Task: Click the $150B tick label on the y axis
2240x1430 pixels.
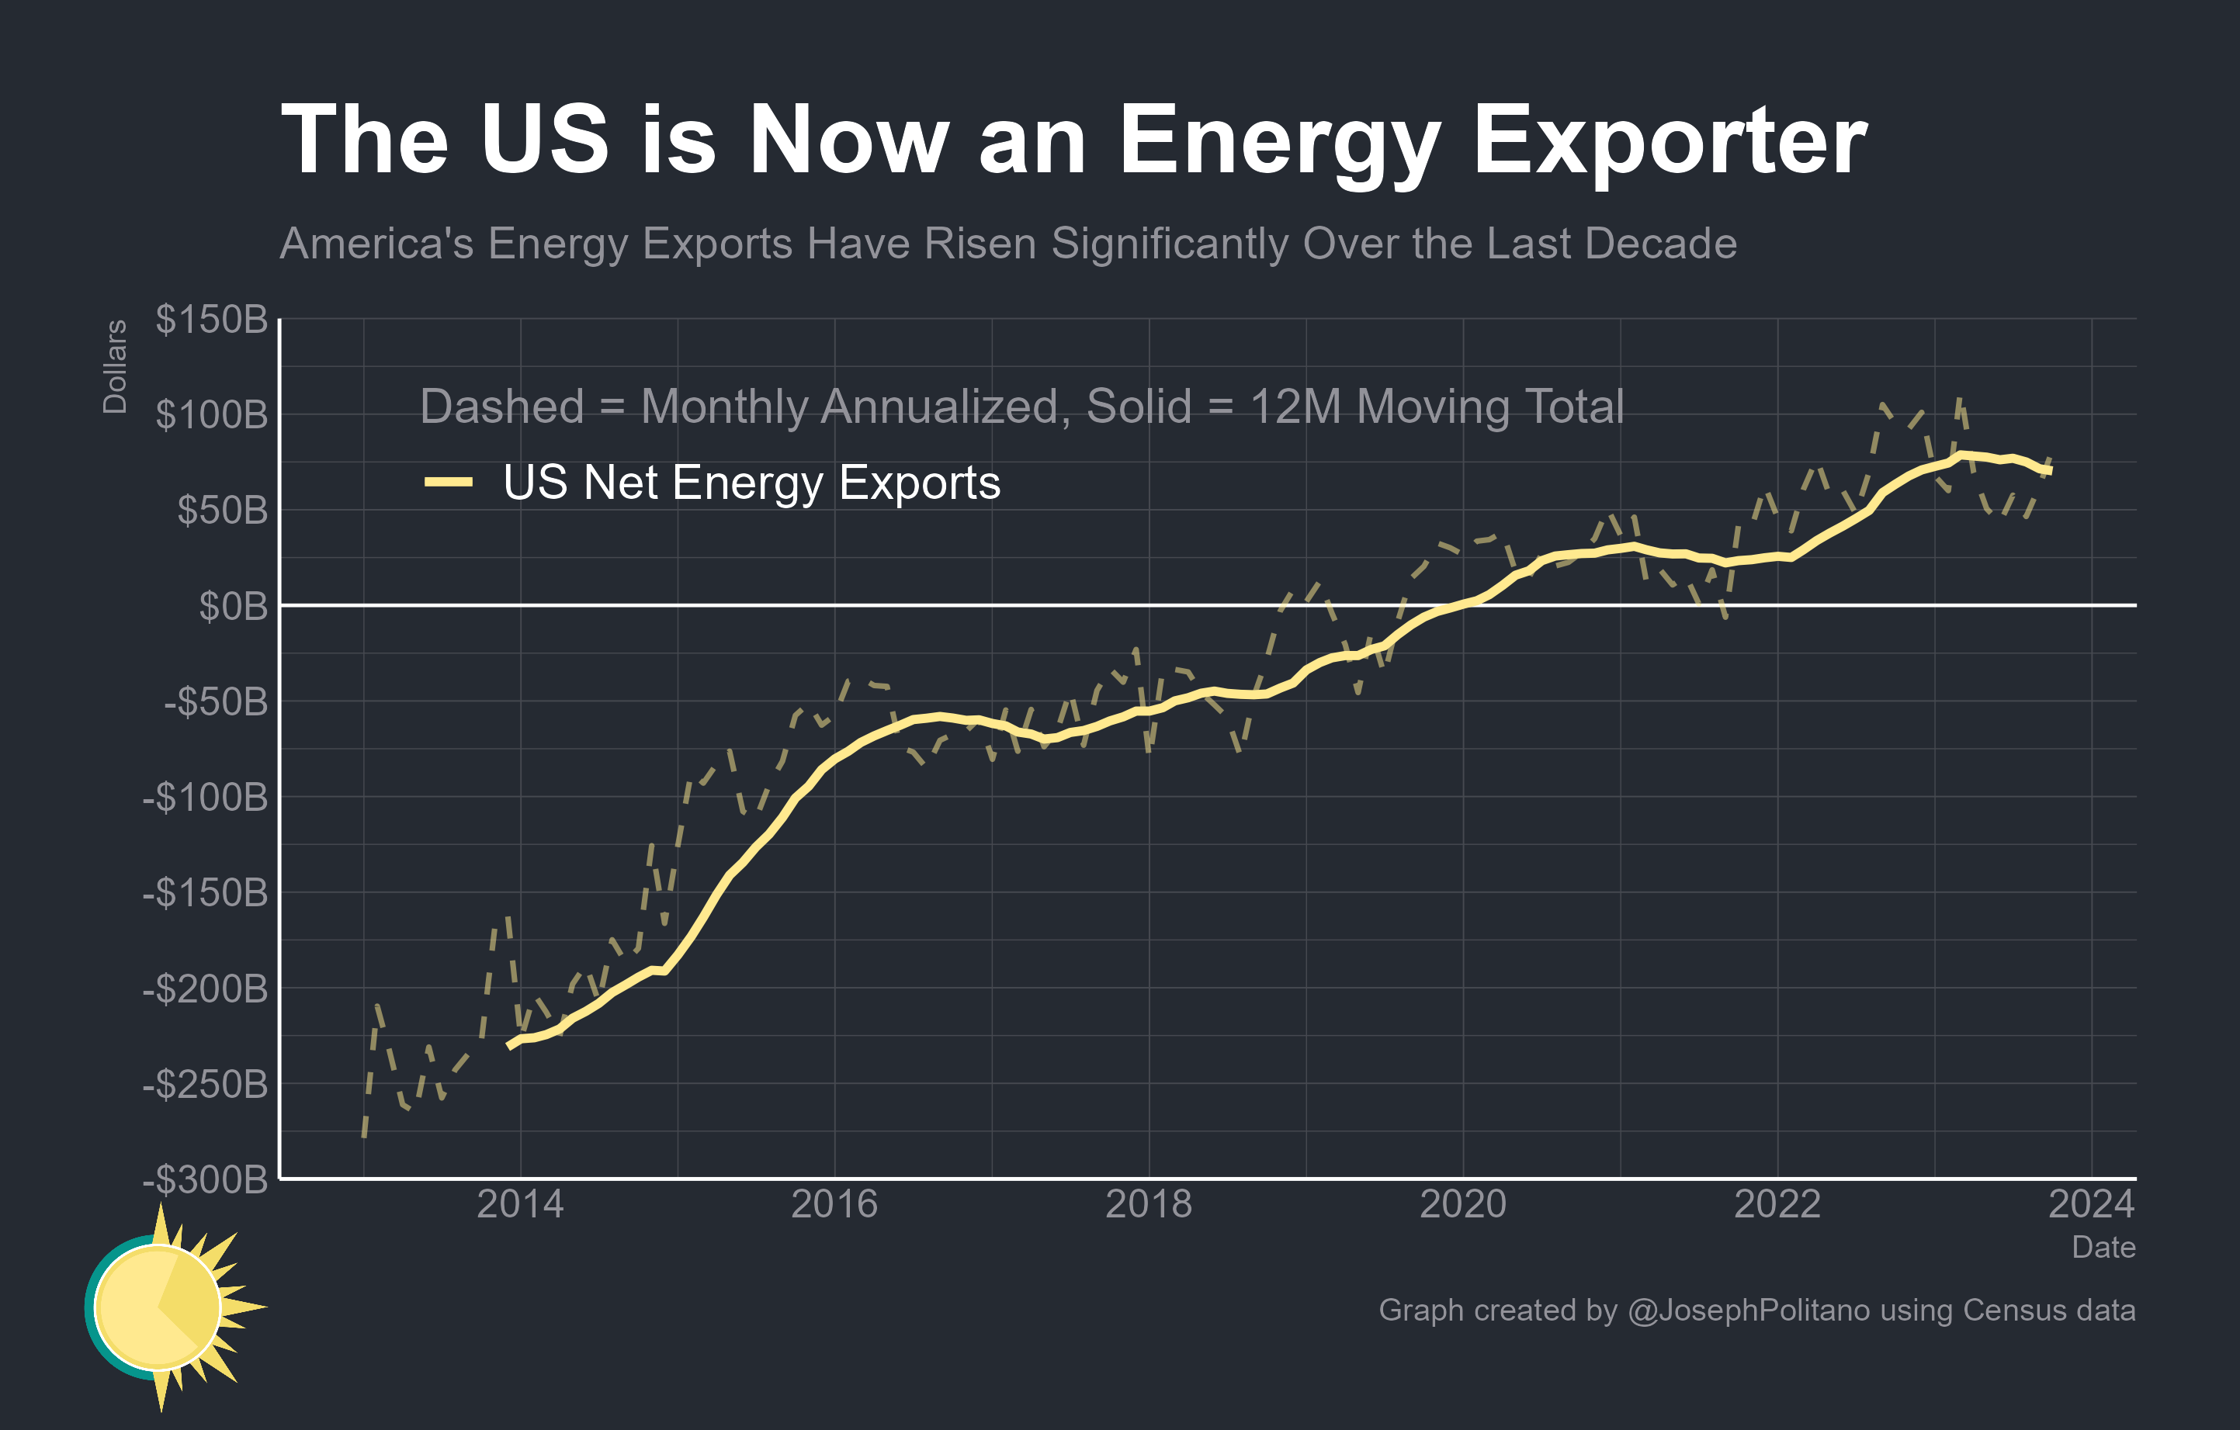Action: [x=211, y=319]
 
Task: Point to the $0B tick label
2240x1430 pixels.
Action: [x=233, y=605]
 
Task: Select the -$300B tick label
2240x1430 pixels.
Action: [x=205, y=1179]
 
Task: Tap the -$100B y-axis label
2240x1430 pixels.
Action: [x=205, y=797]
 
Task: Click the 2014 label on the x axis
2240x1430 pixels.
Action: [x=520, y=1204]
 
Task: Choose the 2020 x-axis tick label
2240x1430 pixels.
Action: [x=1462, y=1204]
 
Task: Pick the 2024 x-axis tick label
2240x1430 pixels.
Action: [x=2091, y=1204]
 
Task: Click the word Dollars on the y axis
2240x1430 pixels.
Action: [x=114, y=366]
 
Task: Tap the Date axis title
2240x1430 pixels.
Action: [x=2103, y=1247]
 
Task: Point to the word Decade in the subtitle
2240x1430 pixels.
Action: [x=1660, y=244]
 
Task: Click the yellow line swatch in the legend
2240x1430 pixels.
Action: [x=449, y=482]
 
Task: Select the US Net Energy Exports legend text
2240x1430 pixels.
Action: [x=751, y=482]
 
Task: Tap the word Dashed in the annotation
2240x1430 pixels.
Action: [x=501, y=407]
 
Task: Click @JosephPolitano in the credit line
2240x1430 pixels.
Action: [x=1748, y=1310]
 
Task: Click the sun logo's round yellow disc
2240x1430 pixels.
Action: [x=158, y=1307]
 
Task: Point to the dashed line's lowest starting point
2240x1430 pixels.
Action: [x=364, y=1136]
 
